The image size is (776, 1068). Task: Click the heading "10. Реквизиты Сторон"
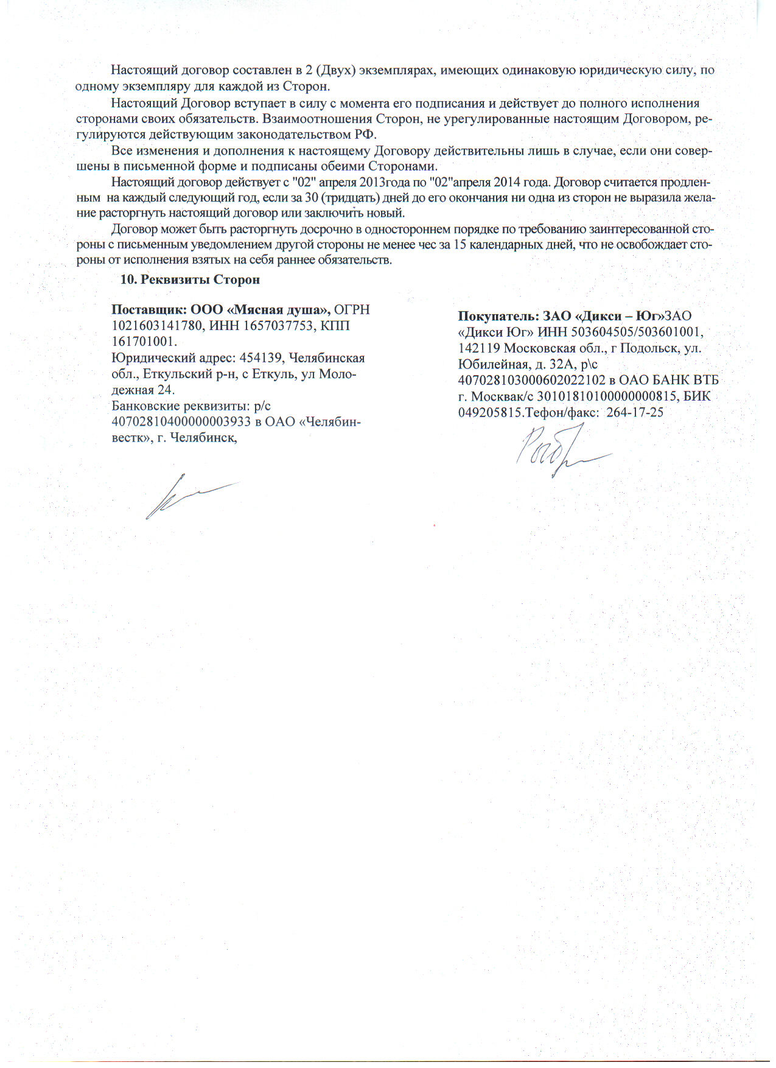[191, 279]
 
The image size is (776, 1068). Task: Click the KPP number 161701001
[144, 342]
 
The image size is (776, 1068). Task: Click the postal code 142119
[479, 349]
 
